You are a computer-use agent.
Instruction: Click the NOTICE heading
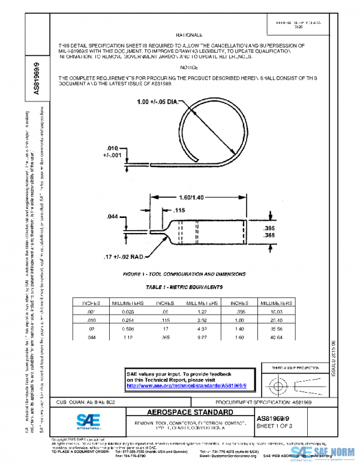pyautogui.click(x=189, y=68)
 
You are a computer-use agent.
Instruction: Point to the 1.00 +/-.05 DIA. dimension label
pyautogui.click(x=158, y=103)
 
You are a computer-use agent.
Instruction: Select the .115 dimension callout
pyautogui.click(x=179, y=210)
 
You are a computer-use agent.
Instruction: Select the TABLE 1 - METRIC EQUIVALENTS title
pyautogui.click(x=184, y=288)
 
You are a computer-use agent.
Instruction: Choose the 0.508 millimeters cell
pyautogui.click(x=124, y=330)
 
